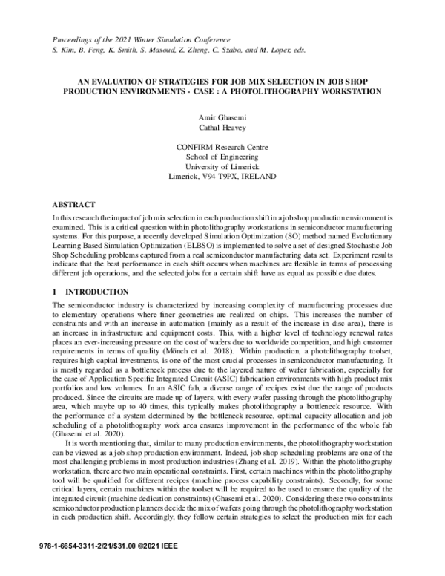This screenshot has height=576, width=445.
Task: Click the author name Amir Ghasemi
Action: tap(222, 117)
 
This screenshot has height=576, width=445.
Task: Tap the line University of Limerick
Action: tap(222, 168)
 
